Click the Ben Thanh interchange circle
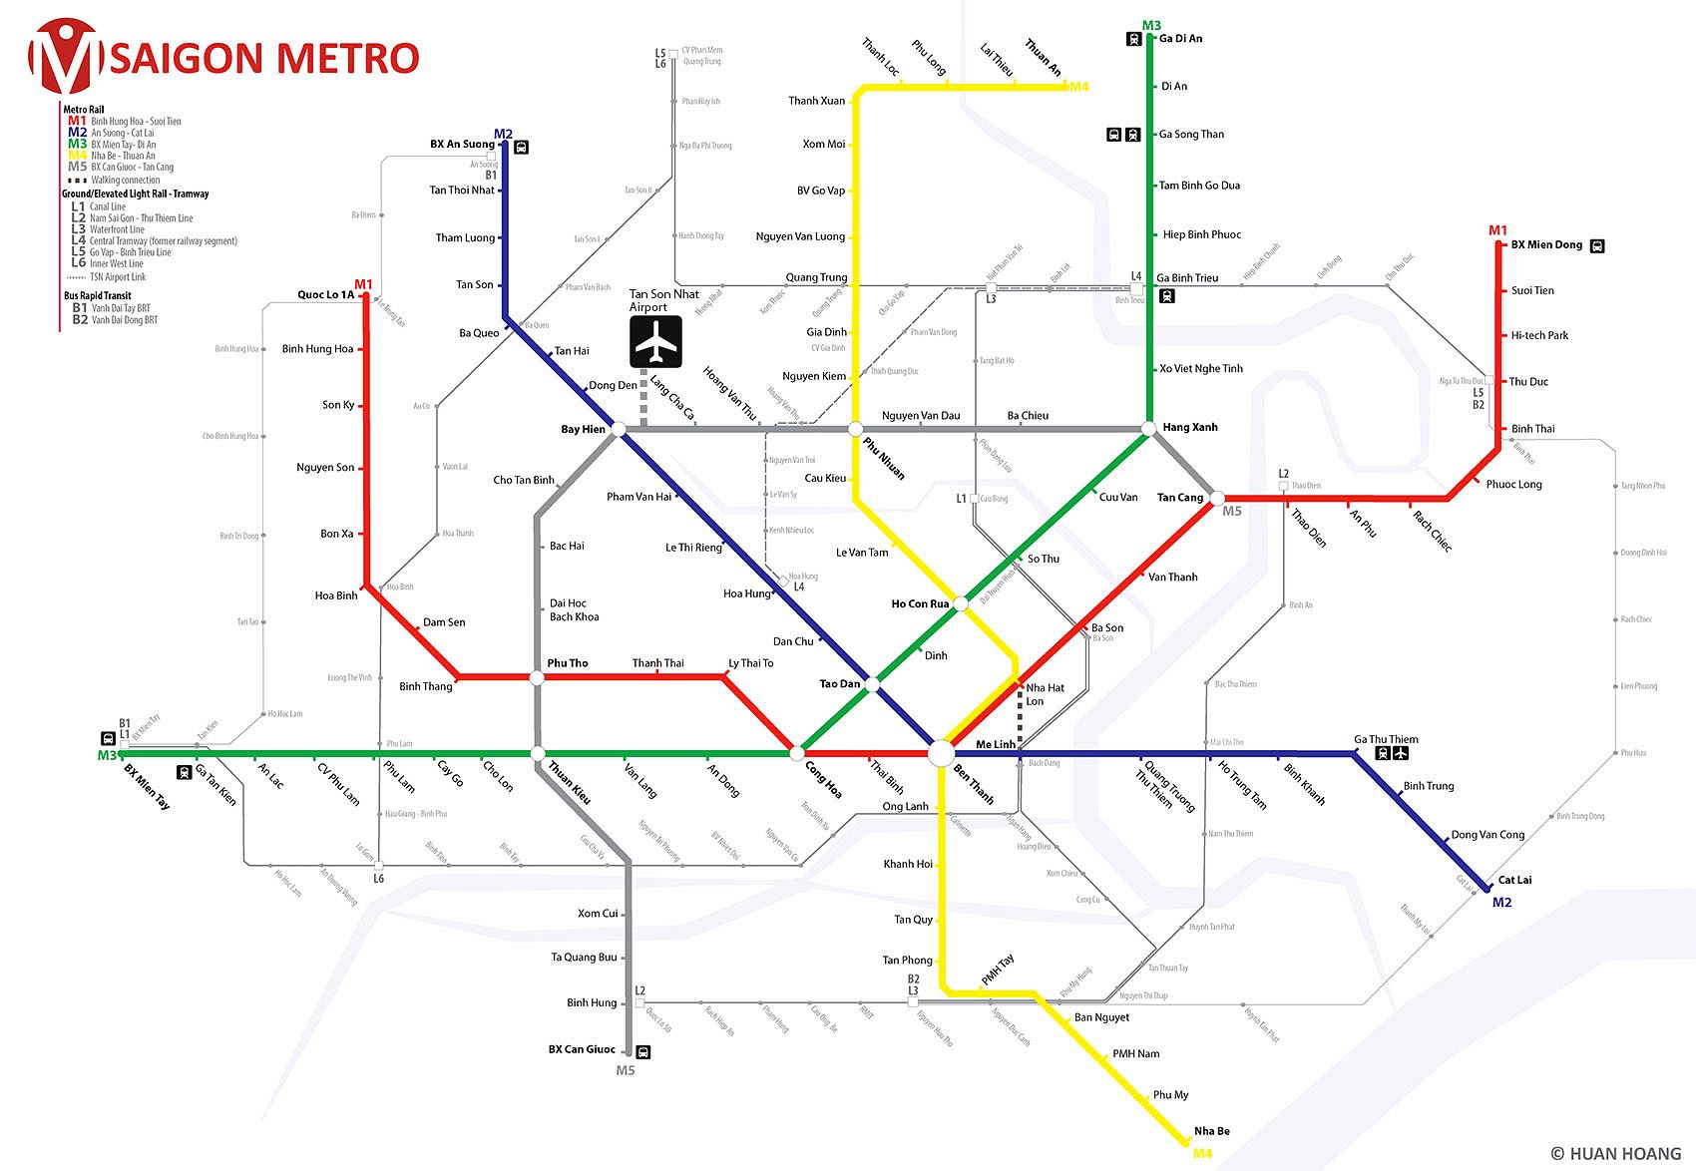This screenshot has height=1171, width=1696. [x=941, y=753]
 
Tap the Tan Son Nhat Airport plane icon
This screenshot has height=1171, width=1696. [x=655, y=342]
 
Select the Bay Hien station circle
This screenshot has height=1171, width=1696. [x=619, y=429]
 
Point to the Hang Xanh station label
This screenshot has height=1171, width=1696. [x=1190, y=427]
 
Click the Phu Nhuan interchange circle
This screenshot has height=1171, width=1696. [x=855, y=429]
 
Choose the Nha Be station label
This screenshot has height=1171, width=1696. [x=1211, y=1131]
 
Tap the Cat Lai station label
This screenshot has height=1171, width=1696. [x=1514, y=880]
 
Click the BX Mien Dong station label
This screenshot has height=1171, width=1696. [x=1546, y=244]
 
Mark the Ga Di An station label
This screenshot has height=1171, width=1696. [x=1180, y=39]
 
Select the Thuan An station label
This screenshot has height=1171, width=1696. [x=1044, y=57]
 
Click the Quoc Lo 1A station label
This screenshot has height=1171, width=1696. [x=325, y=295]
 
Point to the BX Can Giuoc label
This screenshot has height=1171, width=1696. [x=582, y=1049]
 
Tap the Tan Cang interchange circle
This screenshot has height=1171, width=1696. [x=1217, y=498]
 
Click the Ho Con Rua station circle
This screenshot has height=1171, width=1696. [x=961, y=603]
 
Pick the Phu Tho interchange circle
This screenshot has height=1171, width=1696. [x=537, y=677]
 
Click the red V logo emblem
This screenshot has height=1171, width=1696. [x=65, y=56]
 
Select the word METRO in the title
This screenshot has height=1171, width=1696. [x=347, y=58]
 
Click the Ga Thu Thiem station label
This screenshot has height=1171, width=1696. [x=1386, y=739]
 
